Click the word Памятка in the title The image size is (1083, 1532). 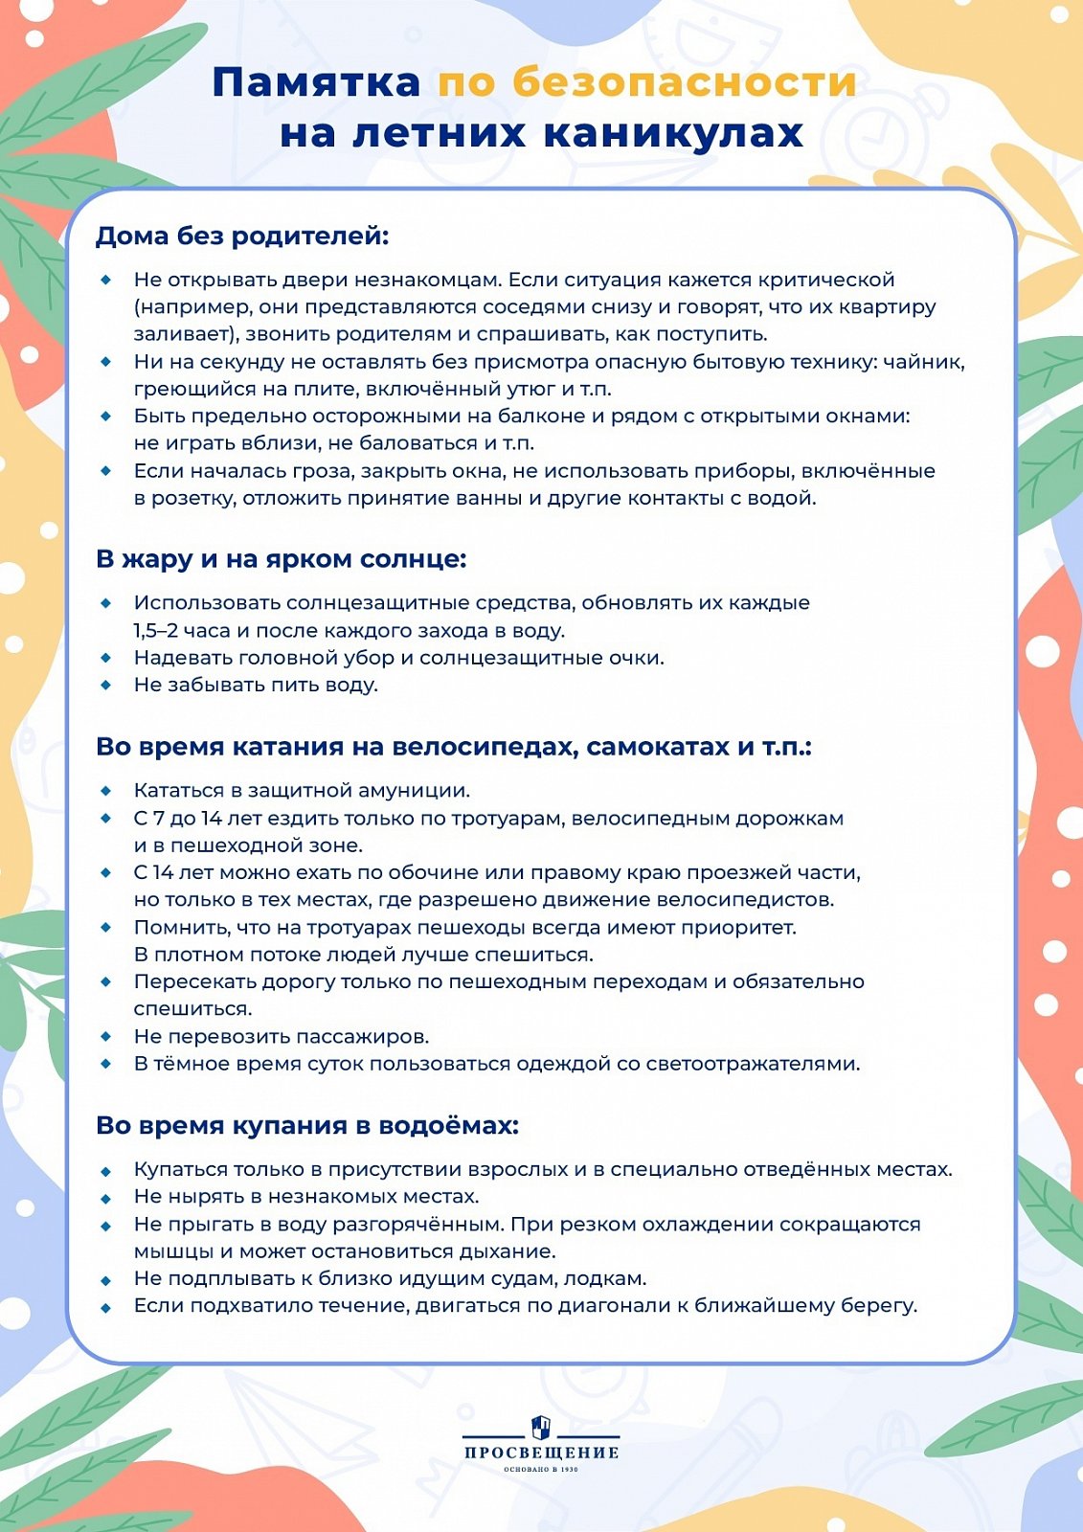316,82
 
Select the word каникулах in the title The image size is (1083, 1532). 673,133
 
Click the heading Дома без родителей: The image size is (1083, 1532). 242,236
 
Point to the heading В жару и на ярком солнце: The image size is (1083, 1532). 281,558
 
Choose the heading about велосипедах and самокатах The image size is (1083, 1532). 454,746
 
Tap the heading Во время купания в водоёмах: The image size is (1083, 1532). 306,1125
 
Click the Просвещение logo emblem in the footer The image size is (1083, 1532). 541,1427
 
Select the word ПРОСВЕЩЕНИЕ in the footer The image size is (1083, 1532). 541,1453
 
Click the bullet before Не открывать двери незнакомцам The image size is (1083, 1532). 106,280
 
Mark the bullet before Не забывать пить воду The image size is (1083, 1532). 106,685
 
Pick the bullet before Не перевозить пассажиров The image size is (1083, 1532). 106,1036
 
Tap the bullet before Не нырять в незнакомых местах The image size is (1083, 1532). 106,1197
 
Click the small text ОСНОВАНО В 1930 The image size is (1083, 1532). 541,1469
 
